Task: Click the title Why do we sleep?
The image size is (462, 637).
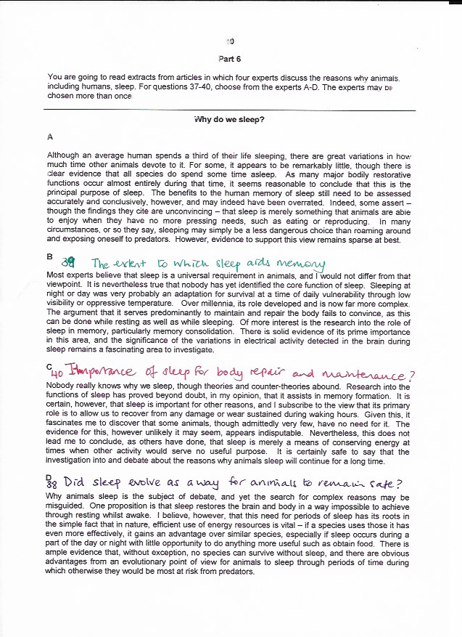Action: (x=230, y=119)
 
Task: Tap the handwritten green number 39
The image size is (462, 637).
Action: (x=69, y=263)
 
